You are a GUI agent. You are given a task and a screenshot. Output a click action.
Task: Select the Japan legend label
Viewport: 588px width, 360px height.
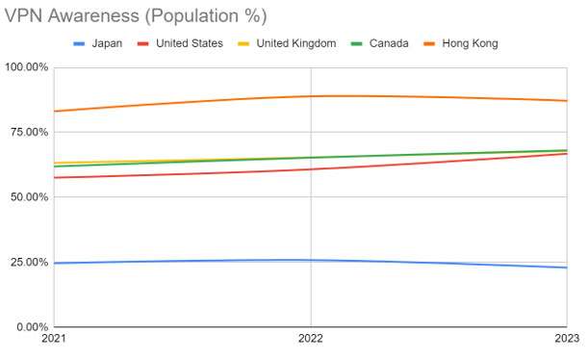[107, 43]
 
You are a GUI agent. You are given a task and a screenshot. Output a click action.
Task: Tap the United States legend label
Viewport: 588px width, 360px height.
[190, 43]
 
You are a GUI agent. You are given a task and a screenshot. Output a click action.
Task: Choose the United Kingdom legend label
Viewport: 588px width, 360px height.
[295, 43]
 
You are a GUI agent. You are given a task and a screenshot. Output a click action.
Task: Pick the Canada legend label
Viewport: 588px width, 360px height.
[389, 43]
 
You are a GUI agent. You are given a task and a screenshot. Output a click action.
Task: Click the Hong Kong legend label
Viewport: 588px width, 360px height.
[470, 43]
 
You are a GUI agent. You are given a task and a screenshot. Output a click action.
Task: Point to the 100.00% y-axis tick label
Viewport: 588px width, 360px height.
[26, 67]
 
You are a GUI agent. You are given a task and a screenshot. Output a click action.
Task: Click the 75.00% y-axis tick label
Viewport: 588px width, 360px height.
[29, 132]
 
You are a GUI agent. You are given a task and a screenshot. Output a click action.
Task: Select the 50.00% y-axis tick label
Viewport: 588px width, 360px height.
[29, 197]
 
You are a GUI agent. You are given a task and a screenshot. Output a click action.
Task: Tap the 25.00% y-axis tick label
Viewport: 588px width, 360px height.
[29, 262]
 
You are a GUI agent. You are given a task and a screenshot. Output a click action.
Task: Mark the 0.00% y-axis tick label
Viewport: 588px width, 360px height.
[33, 326]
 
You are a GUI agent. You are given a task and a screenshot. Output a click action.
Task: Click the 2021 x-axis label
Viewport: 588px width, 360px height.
[54, 338]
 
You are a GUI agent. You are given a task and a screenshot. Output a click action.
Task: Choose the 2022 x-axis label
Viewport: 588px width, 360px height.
[311, 338]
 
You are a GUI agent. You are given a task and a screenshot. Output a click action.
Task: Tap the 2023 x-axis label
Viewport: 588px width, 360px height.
[567, 338]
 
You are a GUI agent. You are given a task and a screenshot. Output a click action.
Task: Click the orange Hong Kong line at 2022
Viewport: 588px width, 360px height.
[311, 96]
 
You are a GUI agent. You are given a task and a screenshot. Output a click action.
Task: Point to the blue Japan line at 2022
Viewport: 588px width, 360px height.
[311, 260]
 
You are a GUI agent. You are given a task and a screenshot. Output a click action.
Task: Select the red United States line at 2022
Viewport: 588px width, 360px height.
[311, 169]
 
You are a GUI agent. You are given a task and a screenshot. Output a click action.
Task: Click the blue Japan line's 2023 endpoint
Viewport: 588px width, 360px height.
[567, 268]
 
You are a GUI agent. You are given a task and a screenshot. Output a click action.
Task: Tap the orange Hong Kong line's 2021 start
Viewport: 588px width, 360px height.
[54, 111]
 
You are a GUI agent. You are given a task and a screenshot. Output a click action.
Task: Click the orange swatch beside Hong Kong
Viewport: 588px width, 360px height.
[429, 44]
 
